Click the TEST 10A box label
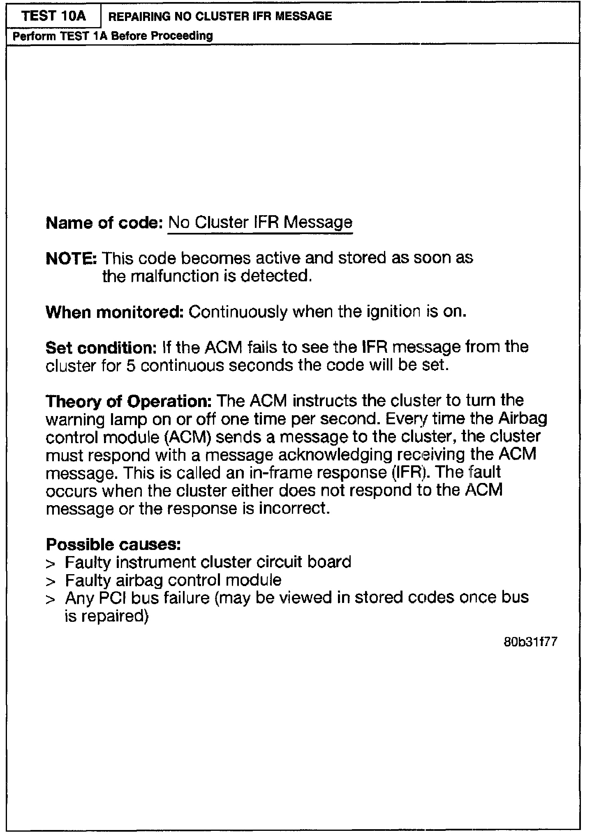53,16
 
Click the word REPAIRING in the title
139,16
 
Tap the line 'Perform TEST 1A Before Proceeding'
113,36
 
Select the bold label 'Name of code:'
104,223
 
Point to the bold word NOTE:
71,259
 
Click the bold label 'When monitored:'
114,312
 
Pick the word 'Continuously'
237,312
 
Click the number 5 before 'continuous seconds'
131,366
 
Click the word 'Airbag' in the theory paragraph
523,419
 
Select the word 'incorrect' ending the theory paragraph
293,509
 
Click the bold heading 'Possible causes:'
113,545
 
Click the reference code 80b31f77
530,642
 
